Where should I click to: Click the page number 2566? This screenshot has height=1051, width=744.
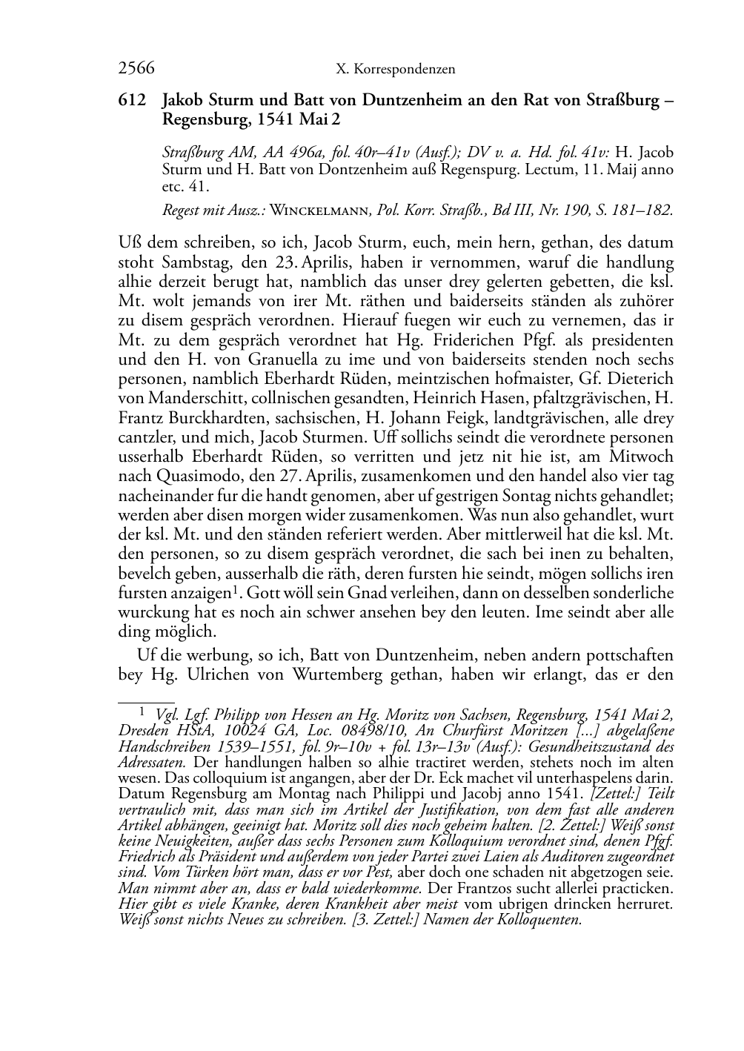136,69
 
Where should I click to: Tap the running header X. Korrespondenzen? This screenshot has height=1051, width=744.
396,70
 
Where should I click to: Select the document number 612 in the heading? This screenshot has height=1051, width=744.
132,101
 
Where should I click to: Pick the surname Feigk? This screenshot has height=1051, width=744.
466,418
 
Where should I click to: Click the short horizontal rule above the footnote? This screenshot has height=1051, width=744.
146,699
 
